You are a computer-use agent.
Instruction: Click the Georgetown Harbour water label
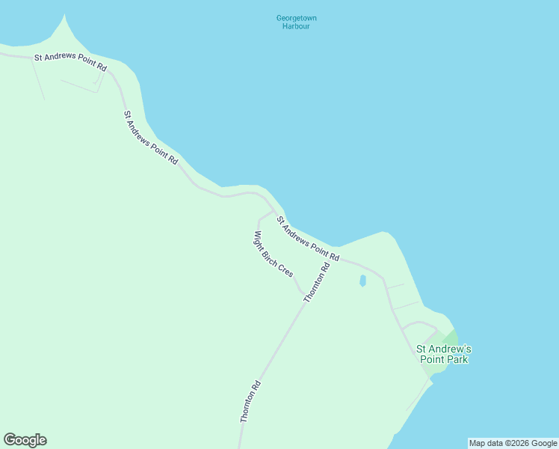pyautogui.click(x=296, y=22)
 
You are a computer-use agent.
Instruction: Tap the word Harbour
pyautogui.click(x=296, y=26)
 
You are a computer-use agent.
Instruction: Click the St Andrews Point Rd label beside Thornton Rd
pyautogui.click(x=308, y=239)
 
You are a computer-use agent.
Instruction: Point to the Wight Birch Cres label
pyautogui.click(x=273, y=254)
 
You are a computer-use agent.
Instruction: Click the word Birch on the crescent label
pyautogui.click(x=271, y=254)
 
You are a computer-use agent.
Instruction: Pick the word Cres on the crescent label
pyautogui.click(x=286, y=271)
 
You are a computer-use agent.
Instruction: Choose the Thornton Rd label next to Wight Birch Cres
pyautogui.click(x=317, y=283)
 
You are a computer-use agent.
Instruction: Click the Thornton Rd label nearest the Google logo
pyautogui.click(x=250, y=402)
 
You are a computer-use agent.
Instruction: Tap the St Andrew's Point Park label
pyautogui.click(x=444, y=354)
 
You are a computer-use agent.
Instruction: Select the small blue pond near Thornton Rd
pyautogui.click(x=362, y=281)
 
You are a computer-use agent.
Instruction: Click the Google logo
pyautogui.click(x=25, y=440)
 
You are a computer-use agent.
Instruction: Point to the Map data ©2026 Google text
pyautogui.click(x=513, y=443)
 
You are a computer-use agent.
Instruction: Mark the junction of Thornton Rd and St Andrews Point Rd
pyautogui.click(x=335, y=260)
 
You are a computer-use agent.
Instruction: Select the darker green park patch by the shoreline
pyautogui.click(x=451, y=337)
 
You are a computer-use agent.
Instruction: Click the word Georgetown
pyautogui.click(x=296, y=18)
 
